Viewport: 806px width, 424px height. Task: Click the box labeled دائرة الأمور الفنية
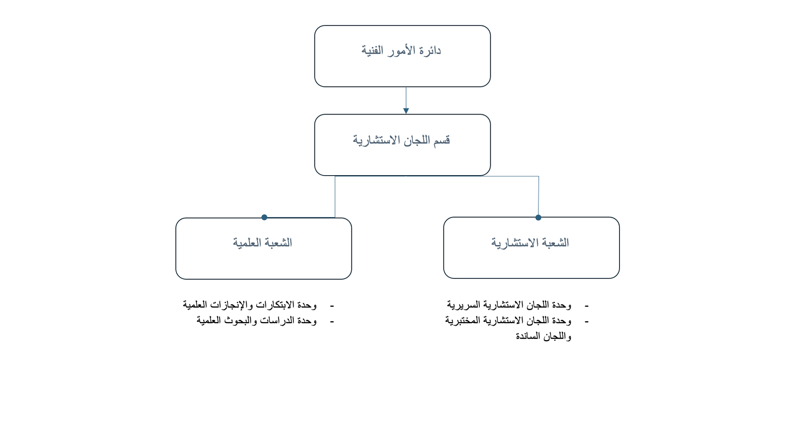click(x=402, y=56)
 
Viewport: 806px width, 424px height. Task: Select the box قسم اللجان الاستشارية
click(x=402, y=145)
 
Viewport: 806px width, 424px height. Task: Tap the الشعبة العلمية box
click(x=264, y=248)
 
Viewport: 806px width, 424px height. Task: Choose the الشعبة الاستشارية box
click(x=531, y=248)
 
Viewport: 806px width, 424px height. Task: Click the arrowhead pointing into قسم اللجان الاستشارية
click(x=406, y=111)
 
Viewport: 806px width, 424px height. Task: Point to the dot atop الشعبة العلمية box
click(x=264, y=217)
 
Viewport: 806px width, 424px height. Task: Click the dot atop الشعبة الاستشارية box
click(x=538, y=218)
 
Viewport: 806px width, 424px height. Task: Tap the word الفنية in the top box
click(x=372, y=51)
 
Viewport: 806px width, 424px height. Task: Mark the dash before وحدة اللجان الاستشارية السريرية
click(x=587, y=306)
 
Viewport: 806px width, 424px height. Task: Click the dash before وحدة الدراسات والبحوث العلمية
click(x=332, y=322)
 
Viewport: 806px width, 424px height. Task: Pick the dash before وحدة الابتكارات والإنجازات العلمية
click(x=332, y=306)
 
